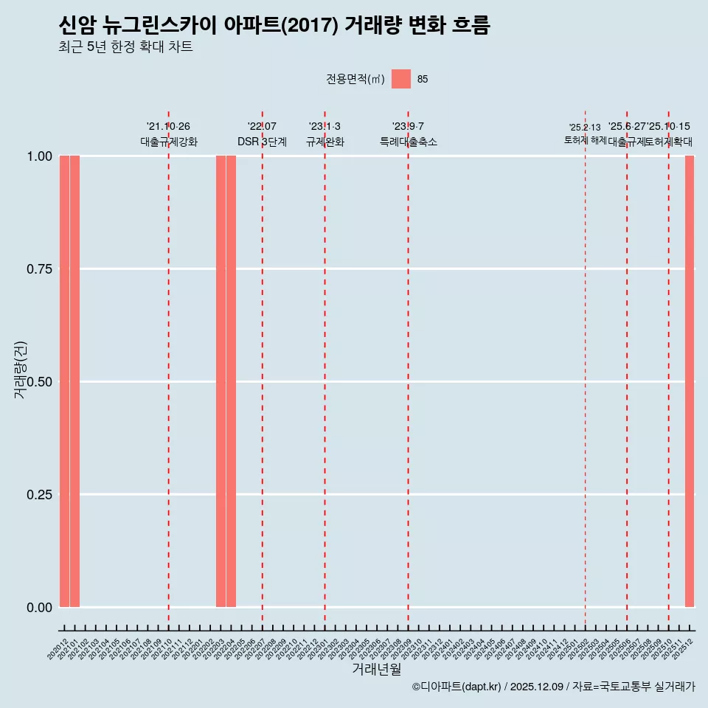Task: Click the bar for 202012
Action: [x=64, y=381]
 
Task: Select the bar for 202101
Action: [x=74, y=381]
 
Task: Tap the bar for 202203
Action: [x=221, y=381]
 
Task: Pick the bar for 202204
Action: [x=231, y=381]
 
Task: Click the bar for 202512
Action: [x=690, y=381]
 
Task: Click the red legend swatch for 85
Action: [x=400, y=79]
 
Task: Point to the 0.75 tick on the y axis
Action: [x=40, y=269]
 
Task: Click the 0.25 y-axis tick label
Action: [x=40, y=494]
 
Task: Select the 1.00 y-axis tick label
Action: [x=40, y=156]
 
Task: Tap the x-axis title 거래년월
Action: [x=376, y=669]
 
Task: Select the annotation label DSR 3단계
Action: [x=262, y=142]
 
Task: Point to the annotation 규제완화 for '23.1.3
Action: [x=324, y=142]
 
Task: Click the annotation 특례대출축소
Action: [x=408, y=142]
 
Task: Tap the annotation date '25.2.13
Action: [x=585, y=128]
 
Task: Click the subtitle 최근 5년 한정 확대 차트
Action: [x=125, y=47]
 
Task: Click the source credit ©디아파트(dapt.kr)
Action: [x=457, y=687]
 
